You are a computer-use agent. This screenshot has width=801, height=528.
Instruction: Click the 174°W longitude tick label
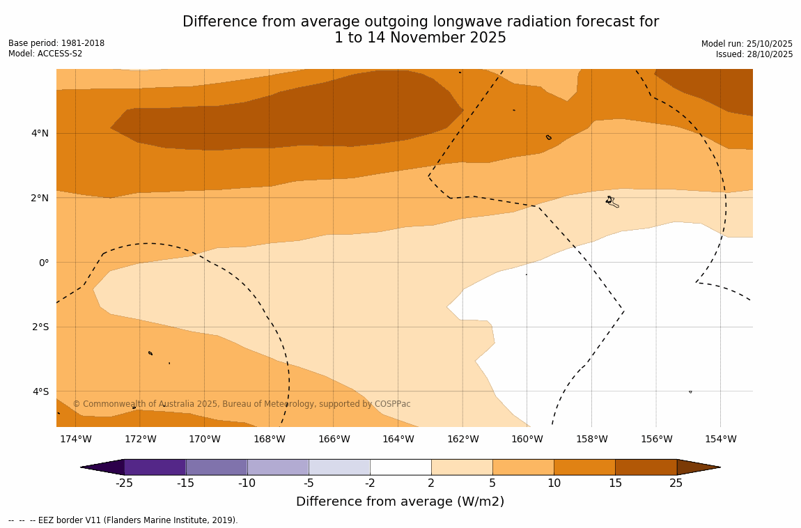pyautogui.click(x=75, y=439)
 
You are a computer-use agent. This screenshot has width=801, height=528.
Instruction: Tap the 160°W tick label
pyautogui.click(x=527, y=439)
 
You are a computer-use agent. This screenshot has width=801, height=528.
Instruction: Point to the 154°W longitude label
pyautogui.click(x=720, y=439)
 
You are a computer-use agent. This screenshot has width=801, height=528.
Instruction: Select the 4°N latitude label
pyautogui.click(x=40, y=133)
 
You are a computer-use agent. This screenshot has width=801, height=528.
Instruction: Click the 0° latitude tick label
pyautogui.click(x=44, y=263)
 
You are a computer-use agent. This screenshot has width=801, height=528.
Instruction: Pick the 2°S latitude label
pyautogui.click(x=40, y=327)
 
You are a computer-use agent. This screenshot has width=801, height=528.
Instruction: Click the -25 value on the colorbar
pyautogui.click(x=124, y=483)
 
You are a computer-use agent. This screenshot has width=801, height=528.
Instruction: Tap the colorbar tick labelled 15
pyautogui.click(x=615, y=483)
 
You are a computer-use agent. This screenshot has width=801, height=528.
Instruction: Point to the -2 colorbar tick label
pyautogui.click(x=370, y=483)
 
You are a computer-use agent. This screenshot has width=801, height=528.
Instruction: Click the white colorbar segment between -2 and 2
pyautogui.click(x=400, y=467)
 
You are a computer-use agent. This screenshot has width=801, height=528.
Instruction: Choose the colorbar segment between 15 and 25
pyautogui.click(x=646, y=467)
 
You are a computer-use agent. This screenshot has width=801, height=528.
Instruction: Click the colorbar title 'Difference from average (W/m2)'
pyautogui.click(x=400, y=502)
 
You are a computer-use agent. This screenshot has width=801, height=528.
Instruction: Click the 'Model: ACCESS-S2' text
pyautogui.click(x=45, y=54)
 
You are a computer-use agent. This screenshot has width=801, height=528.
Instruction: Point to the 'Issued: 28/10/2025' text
pyautogui.click(x=754, y=54)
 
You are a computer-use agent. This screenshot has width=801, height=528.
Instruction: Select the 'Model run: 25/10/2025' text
pyautogui.click(x=747, y=43)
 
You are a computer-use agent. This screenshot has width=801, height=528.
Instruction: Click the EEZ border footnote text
pyautogui.click(x=124, y=520)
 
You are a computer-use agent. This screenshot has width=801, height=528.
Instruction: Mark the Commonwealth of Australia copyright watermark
pyautogui.click(x=242, y=404)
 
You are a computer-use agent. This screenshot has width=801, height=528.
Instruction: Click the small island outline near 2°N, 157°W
pyautogui.click(x=611, y=201)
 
